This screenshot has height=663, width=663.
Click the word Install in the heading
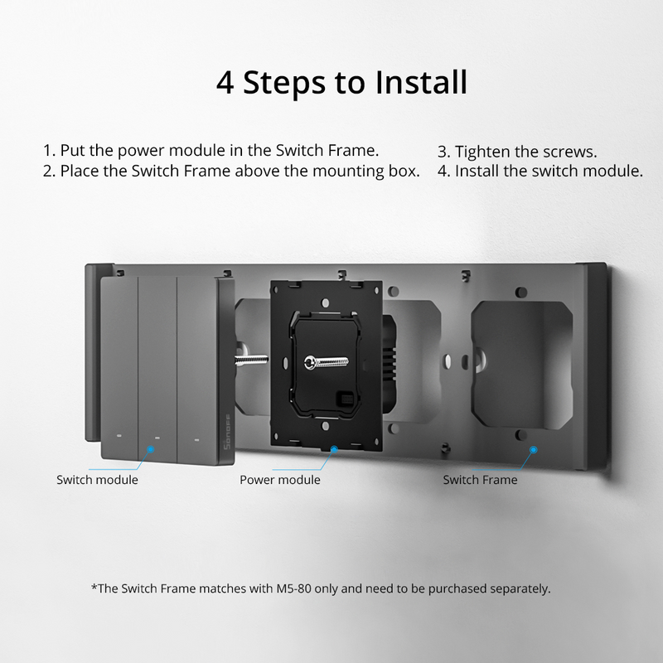click(x=422, y=83)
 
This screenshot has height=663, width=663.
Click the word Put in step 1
click(x=74, y=151)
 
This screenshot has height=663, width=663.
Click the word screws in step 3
click(x=570, y=152)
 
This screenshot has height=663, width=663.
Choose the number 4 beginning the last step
click(x=443, y=172)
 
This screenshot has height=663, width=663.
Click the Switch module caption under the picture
click(x=97, y=480)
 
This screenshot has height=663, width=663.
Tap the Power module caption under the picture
click(x=280, y=480)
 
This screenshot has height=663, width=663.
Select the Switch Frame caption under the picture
click(x=480, y=480)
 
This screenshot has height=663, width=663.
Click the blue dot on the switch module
click(x=150, y=450)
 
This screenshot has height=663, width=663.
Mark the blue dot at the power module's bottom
click(x=334, y=450)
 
